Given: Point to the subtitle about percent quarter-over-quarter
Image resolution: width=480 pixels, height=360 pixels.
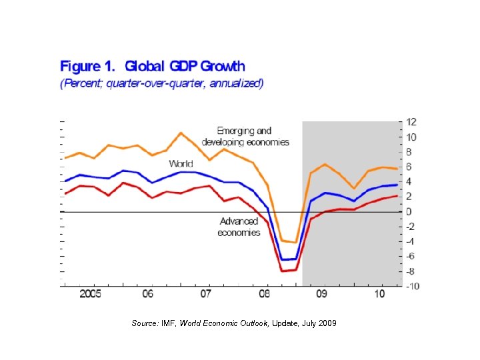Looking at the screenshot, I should pyautogui.click(x=162, y=84).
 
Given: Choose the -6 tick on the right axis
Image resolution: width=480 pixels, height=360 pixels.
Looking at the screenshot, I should pyautogui.click(x=411, y=257).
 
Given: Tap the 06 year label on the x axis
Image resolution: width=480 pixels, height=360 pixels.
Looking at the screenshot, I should pyautogui.click(x=148, y=294).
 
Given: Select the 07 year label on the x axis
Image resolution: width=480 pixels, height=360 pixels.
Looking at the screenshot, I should pyautogui.click(x=206, y=294).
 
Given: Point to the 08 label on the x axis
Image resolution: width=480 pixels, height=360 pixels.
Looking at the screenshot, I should pyautogui.click(x=265, y=294).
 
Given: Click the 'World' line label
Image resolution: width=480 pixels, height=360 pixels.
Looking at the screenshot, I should pyautogui.click(x=181, y=163).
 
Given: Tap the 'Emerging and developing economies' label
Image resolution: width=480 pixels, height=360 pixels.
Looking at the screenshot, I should pyautogui.click(x=244, y=137).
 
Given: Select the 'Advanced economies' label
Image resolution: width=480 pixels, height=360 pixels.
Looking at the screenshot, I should pyautogui.click(x=239, y=227).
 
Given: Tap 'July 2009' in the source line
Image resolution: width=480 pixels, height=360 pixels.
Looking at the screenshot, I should pyautogui.click(x=319, y=323).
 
